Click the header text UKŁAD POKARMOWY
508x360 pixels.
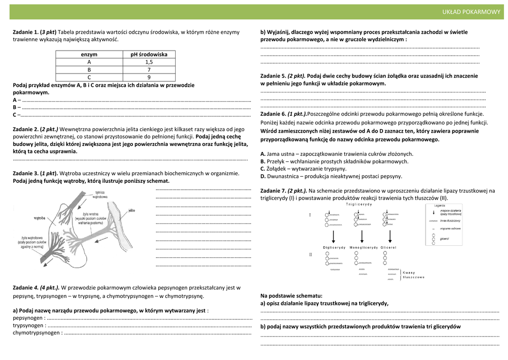471,12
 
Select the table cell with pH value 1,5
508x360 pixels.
149,62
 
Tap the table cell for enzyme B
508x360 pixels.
89,70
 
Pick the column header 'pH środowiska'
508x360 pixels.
149,55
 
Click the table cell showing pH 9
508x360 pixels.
149,77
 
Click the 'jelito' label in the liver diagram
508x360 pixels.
131,211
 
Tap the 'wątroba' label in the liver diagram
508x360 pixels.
40,217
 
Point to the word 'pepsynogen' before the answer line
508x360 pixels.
28,318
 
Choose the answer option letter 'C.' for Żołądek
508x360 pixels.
263,169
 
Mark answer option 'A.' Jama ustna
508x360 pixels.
263,154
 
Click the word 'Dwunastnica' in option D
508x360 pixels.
283,176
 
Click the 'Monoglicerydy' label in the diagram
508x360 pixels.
364,247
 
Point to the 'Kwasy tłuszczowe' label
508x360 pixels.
413,275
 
